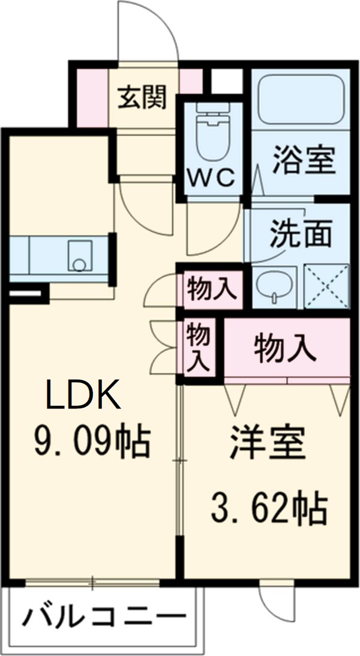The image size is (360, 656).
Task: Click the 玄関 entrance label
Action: coord(142,97)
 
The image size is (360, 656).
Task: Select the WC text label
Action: coord(213,179)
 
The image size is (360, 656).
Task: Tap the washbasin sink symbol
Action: coord(275,287)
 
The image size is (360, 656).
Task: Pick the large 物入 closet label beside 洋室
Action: coord(285,348)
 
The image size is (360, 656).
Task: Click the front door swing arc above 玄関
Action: coord(149,30)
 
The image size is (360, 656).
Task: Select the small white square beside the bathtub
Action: coord(226,81)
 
